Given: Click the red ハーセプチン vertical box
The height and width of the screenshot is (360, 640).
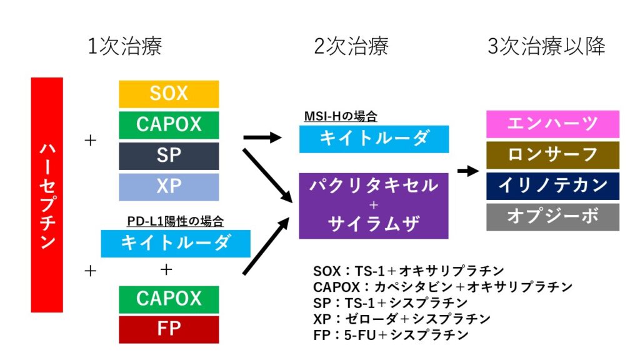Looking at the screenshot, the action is point(47,195).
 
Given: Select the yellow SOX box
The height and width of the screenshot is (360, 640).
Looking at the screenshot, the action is point(169,94).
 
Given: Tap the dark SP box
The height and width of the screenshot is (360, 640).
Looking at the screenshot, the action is point(169,156).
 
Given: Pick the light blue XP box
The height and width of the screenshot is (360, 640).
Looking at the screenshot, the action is point(169,187).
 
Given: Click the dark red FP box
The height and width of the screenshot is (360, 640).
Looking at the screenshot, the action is point(169,329).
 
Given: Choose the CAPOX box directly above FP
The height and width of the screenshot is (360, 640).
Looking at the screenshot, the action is point(169,299).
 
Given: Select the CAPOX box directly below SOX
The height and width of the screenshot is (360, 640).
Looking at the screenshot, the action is point(169,125).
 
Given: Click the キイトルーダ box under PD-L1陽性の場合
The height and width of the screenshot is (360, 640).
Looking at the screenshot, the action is point(176,244).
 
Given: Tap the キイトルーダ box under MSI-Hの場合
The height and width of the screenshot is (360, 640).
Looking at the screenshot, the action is point(374,139).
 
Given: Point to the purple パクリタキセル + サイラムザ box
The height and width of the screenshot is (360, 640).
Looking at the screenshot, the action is point(374,206).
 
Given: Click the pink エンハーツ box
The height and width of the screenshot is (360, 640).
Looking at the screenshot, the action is point(552,124).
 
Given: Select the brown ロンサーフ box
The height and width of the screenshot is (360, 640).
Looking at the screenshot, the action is point(552,155).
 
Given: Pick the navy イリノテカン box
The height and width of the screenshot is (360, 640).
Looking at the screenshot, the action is point(552,186).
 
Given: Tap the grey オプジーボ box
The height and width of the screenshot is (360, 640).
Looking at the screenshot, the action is point(552,217).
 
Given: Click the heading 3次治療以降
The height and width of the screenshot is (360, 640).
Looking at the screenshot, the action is point(546,46).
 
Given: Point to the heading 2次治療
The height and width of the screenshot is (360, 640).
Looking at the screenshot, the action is point(351,46).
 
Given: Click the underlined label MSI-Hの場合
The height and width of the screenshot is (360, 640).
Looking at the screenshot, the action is point(341,116).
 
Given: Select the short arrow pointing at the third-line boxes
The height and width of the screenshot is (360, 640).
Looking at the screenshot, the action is point(468,171).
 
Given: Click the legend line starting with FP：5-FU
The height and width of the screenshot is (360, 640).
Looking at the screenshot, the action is point(391,335).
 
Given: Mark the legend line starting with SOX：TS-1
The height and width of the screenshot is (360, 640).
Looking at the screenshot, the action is point(409,271).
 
